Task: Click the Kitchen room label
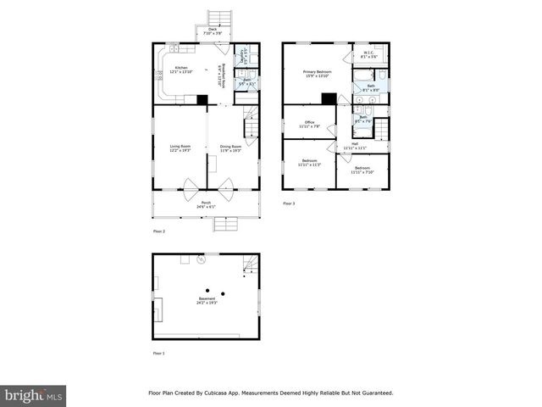tap(180, 69)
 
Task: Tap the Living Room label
tap(180, 147)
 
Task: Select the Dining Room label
tap(231, 147)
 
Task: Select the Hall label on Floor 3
tap(355, 145)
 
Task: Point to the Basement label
tap(207, 299)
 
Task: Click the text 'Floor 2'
tap(158, 231)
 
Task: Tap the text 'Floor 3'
tap(289, 203)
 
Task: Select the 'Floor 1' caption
tap(158, 353)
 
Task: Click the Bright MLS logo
tap(34, 395)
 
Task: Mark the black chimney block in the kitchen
tap(202, 100)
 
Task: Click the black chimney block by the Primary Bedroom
tap(329, 98)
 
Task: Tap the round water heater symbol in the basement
tap(201, 260)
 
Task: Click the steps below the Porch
tap(225, 224)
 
